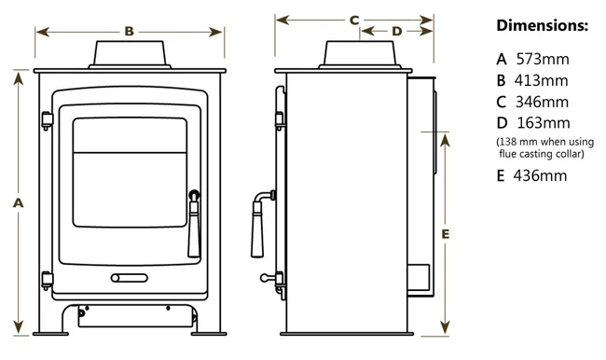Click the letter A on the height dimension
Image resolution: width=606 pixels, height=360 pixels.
tap(18, 202)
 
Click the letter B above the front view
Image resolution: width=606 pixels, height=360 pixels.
tap(129, 32)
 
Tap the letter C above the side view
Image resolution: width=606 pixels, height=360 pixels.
tap(354, 21)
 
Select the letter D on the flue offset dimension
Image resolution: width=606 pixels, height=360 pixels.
tap(397, 32)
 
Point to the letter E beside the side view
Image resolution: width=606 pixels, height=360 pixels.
tap(446, 234)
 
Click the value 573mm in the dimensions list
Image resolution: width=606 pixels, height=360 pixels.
tap(543, 59)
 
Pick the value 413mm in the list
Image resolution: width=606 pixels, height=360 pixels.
tap(541, 80)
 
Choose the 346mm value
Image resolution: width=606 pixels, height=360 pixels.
tap(542, 102)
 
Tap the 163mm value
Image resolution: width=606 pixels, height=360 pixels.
tap(544, 123)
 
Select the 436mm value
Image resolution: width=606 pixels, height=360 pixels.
tap(540, 175)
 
